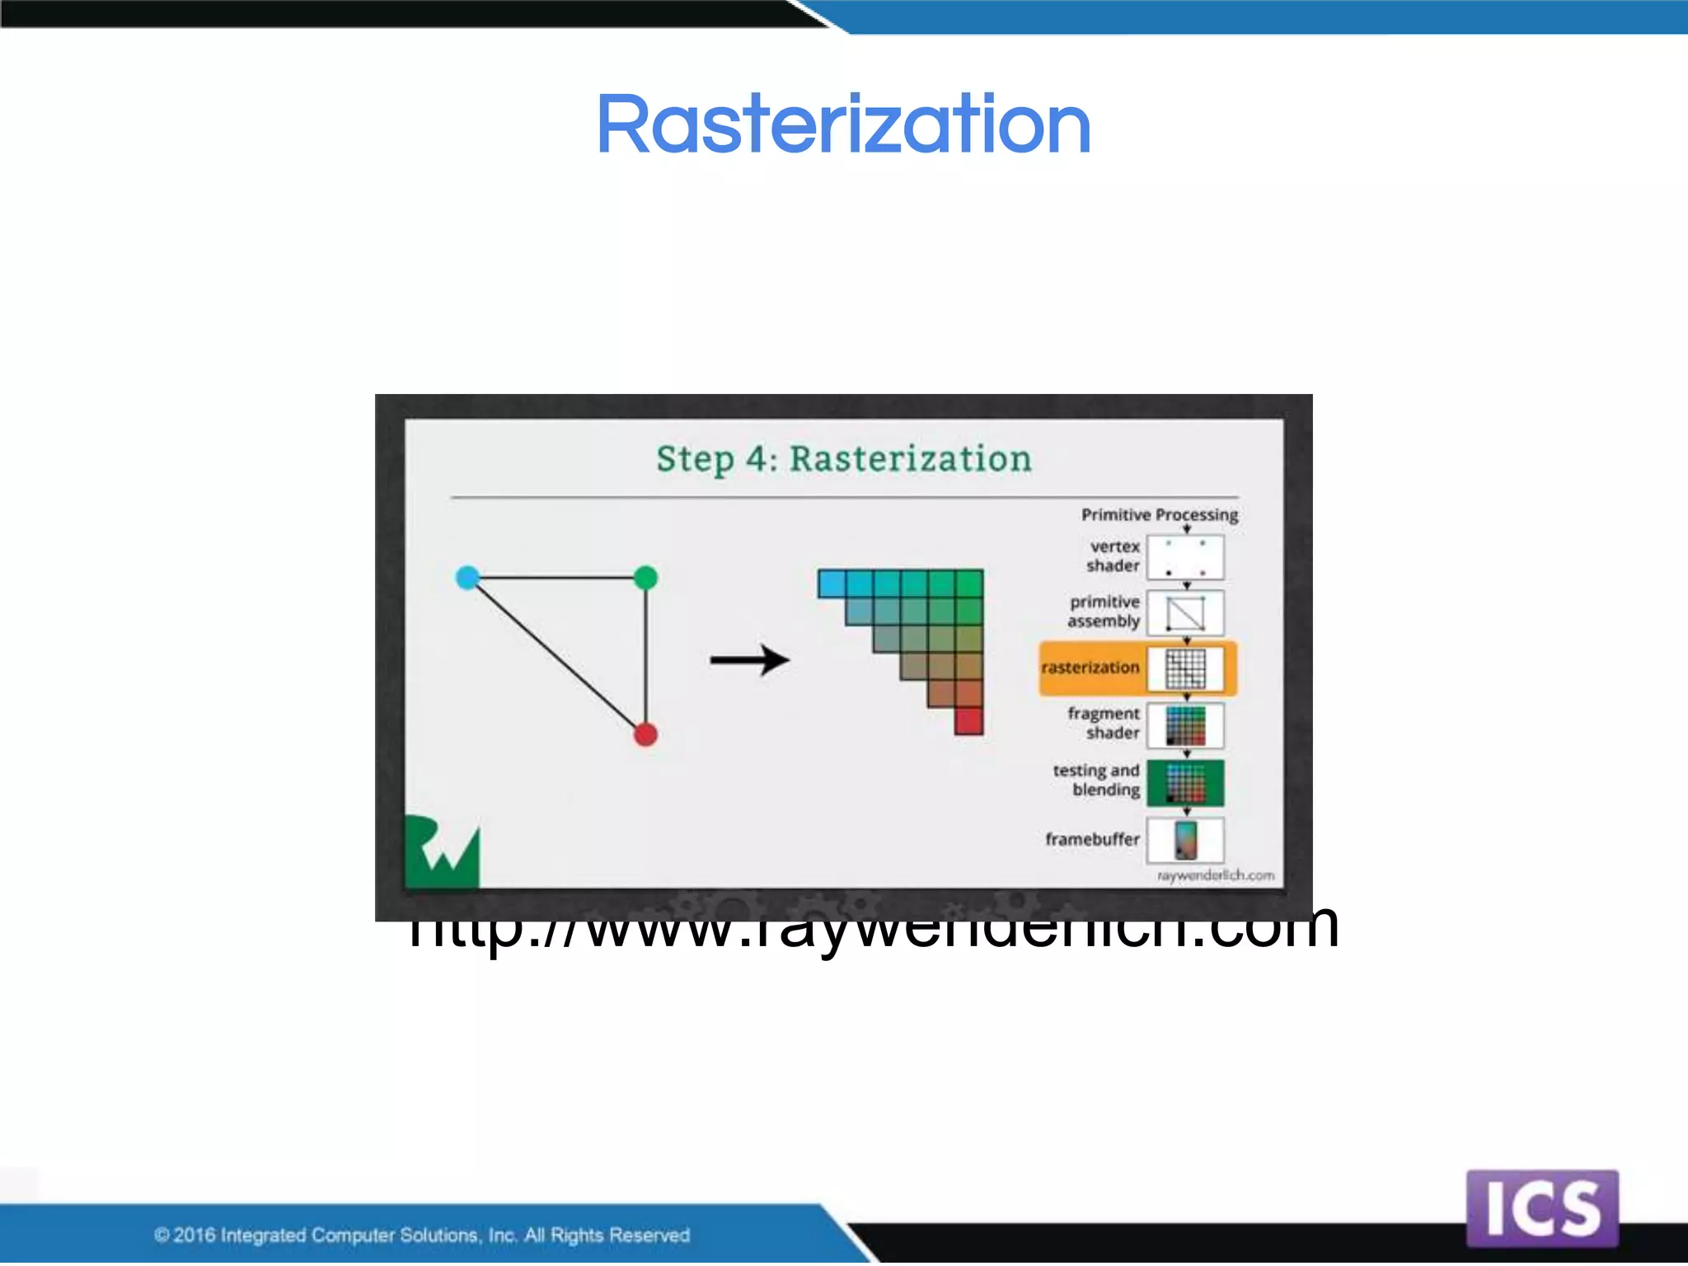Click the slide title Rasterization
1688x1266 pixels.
click(843, 125)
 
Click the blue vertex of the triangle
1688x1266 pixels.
click(467, 577)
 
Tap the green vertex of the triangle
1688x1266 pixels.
click(646, 577)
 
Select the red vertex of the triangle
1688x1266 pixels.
click(646, 734)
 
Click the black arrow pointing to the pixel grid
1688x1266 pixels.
click(750, 659)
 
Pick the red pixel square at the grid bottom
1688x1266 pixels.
click(969, 721)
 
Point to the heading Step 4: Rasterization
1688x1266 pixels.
click(843, 459)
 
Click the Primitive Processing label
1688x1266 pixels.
click(1159, 515)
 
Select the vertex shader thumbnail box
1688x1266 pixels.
click(1185, 558)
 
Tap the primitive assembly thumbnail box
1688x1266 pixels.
click(1185, 612)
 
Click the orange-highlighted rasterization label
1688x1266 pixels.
click(1090, 668)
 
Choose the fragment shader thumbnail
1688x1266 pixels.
click(1185, 725)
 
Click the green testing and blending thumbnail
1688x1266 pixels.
click(1185, 782)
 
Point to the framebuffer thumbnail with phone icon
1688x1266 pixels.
click(1185, 840)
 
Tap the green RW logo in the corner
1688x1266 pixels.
click(442, 853)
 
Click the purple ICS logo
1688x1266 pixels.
click(1542, 1208)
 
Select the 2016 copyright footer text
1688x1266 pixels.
click(421, 1235)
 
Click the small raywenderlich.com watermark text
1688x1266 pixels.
click(1216, 875)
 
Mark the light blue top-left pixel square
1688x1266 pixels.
click(832, 584)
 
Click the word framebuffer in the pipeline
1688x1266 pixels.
click(1092, 840)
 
